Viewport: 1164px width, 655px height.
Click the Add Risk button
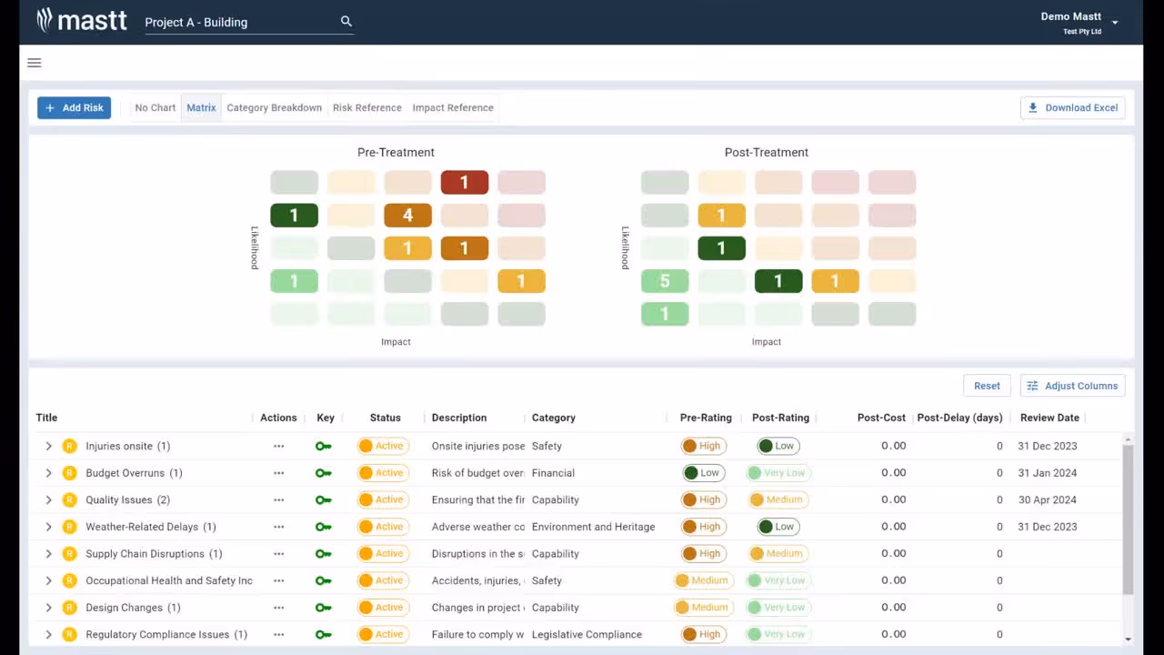tap(74, 107)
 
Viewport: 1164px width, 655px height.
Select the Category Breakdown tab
tap(274, 107)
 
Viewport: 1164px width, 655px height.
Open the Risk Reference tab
tap(366, 107)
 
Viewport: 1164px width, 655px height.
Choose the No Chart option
tap(155, 107)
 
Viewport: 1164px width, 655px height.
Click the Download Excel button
tap(1072, 107)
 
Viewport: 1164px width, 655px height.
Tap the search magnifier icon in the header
tap(346, 21)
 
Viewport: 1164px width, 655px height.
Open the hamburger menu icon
tap(35, 63)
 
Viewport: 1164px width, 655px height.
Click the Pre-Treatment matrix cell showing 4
tap(407, 216)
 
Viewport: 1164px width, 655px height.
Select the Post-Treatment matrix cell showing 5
tap(665, 281)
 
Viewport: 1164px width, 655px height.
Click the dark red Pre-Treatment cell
tap(464, 183)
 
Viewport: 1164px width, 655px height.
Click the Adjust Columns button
tap(1072, 386)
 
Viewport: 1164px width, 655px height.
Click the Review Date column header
tap(1049, 418)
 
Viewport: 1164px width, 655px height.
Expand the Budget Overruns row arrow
tap(49, 473)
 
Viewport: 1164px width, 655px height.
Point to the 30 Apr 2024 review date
tap(1047, 499)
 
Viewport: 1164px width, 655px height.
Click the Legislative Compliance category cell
tap(587, 634)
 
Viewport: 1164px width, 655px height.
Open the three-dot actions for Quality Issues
tap(278, 499)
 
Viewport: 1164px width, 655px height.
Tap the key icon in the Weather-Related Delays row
tap(323, 527)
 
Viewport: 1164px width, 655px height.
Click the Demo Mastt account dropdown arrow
tap(1115, 23)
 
